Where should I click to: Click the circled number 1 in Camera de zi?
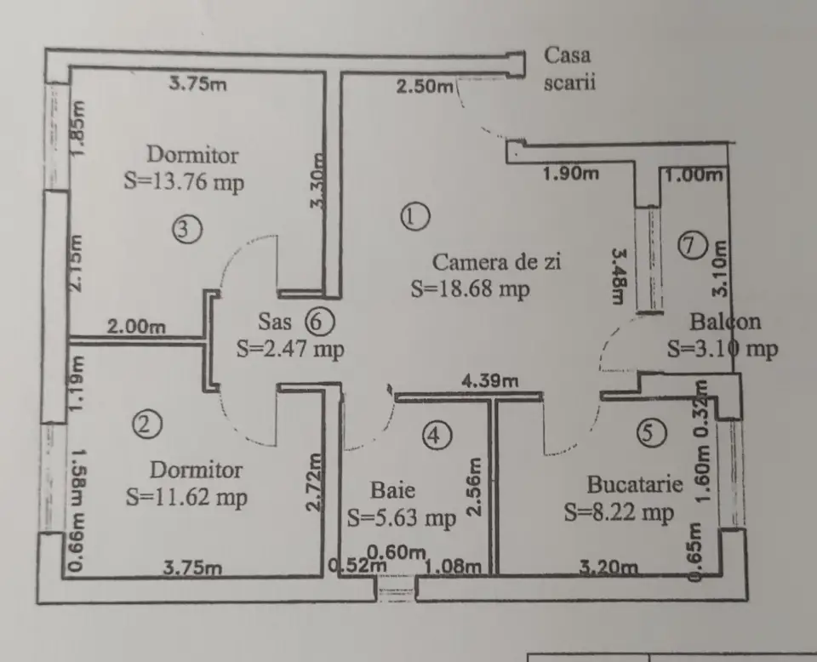(414, 216)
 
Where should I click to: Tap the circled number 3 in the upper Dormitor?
(186, 228)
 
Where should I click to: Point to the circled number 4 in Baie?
(435, 437)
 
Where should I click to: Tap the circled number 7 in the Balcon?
(693, 245)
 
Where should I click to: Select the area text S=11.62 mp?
(186, 497)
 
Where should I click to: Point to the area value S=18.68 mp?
(470, 288)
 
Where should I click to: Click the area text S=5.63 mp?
(402, 516)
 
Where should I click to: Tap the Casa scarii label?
(569, 70)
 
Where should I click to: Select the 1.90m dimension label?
(570, 174)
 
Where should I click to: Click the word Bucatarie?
(635, 485)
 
